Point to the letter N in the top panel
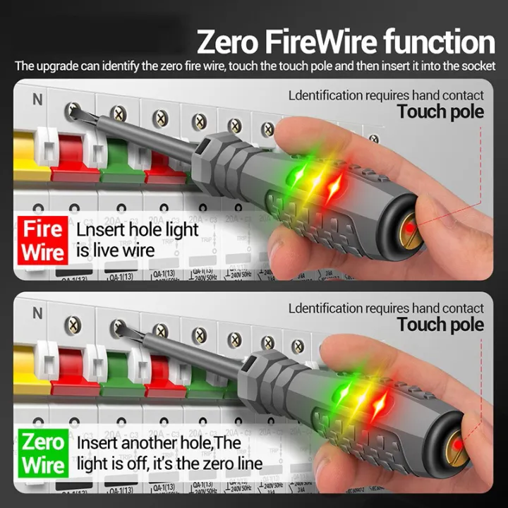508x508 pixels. [37, 99]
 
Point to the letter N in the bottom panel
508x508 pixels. [37, 312]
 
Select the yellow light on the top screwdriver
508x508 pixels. [317, 180]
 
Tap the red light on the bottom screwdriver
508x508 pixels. [380, 404]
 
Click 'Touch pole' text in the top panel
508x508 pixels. [440, 111]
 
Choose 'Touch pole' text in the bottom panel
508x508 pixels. [440, 325]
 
